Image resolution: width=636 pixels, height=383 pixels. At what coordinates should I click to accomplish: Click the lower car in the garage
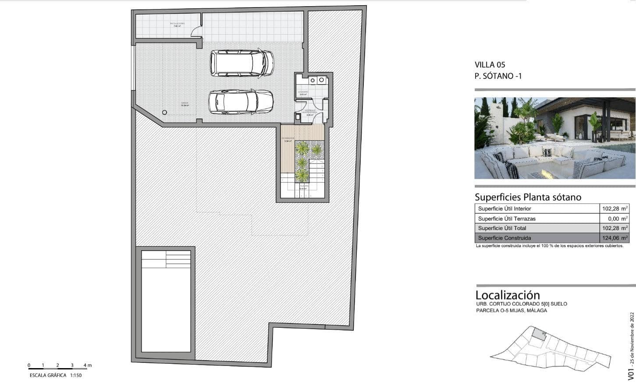(x=241, y=102)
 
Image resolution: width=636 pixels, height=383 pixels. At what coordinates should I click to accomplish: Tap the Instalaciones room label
(x=177, y=24)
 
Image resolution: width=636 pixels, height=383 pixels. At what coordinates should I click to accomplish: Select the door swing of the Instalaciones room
(x=197, y=32)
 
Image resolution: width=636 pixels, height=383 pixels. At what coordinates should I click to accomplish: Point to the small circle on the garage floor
(x=164, y=113)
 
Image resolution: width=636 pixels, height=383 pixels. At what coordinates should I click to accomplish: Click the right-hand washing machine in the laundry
(x=322, y=80)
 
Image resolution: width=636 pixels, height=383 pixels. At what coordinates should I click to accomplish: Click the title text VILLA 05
(x=490, y=65)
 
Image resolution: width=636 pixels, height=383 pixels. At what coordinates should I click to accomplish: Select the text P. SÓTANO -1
(x=498, y=76)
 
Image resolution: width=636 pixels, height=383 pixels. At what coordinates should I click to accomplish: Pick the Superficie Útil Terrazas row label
(x=507, y=219)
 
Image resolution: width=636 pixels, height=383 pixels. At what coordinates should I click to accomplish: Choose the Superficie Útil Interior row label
(x=505, y=209)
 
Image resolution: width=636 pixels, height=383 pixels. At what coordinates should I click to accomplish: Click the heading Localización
(x=508, y=295)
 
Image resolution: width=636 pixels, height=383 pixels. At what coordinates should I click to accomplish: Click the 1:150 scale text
(x=75, y=375)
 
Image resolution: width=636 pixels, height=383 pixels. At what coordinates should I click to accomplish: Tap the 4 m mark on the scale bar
(x=87, y=365)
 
